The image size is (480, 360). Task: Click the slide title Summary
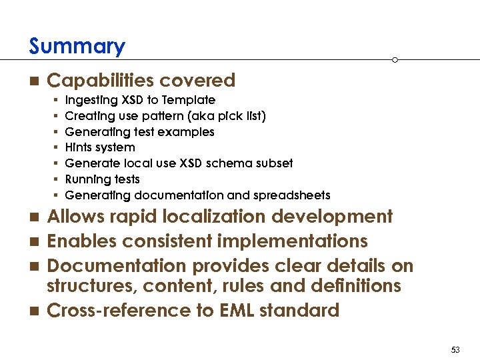click(77, 47)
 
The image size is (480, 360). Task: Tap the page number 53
click(456, 350)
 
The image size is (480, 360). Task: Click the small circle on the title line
click(395, 60)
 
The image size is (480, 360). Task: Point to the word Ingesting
click(92, 100)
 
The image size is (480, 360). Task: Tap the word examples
click(192, 132)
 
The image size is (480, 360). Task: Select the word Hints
click(79, 147)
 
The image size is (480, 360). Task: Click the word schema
click(226, 163)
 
